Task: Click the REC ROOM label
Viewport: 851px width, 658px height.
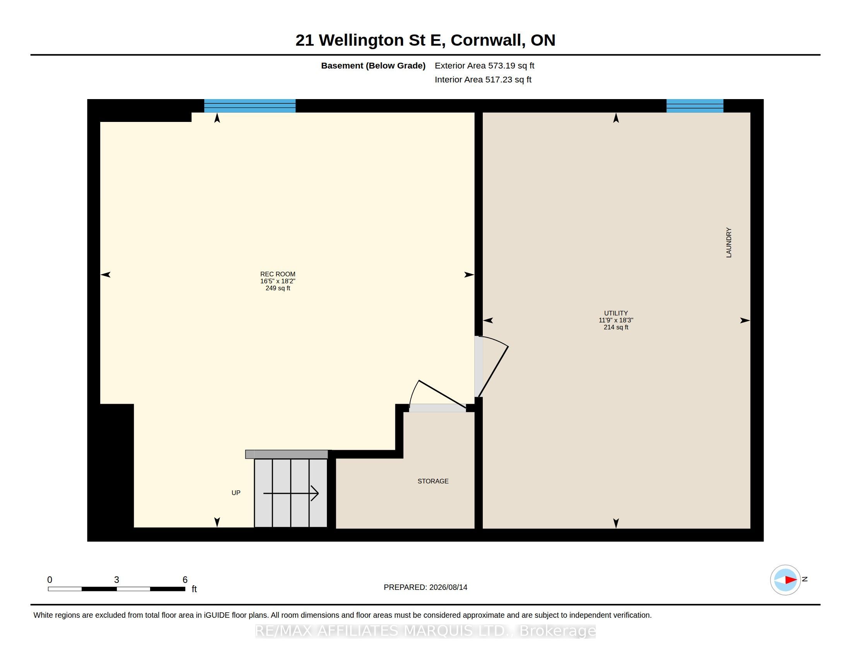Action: tap(278, 274)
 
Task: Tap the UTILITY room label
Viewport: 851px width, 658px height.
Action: tap(616, 313)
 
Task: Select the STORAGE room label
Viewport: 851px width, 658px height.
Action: tap(433, 481)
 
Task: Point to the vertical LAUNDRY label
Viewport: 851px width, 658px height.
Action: tap(729, 242)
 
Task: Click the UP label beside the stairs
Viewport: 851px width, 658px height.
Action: tap(236, 493)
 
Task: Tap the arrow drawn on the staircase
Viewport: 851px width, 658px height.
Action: tap(291, 494)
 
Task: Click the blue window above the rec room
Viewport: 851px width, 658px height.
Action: tap(250, 106)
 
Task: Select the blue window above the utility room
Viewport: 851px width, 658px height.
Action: tap(695, 106)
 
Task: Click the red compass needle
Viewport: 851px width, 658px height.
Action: tap(791, 580)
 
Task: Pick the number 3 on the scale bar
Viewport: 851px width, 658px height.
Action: tap(116, 580)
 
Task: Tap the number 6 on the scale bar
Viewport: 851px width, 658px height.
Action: tap(185, 580)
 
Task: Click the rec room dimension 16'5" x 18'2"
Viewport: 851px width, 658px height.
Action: tap(278, 281)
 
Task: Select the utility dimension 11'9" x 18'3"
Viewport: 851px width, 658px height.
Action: tap(616, 320)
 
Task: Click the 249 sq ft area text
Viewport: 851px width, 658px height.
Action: tap(278, 288)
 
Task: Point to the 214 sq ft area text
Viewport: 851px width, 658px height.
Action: tap(616, 327)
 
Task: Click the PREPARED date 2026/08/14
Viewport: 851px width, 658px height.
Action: tap(448, 587)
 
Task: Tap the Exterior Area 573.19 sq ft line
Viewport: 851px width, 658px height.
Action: tap(484, 65)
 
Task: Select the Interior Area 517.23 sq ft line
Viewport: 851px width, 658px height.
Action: tap(483, 79)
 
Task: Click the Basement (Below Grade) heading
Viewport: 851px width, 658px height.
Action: tap(373, 65)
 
